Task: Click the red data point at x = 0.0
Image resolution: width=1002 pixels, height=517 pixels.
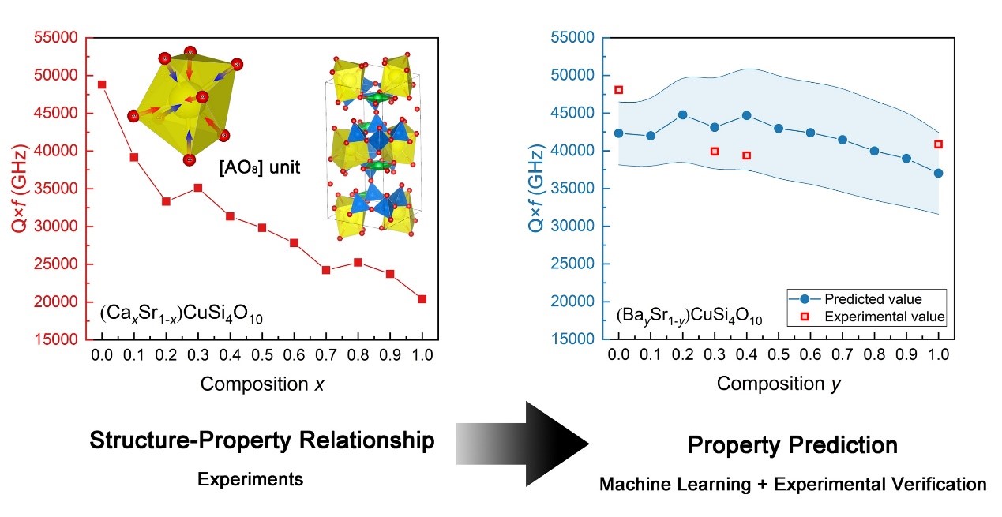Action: pyautogui.click(x=102, y=84)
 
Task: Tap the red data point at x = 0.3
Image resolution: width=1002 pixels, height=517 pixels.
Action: pyautogui.click(x=198, y=188)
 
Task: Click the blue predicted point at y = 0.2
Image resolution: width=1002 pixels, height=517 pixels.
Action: pyautogui.click(x=682, y=114)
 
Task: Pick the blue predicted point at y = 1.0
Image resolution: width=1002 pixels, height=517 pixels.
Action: pyautogui.click(x=938, y=173)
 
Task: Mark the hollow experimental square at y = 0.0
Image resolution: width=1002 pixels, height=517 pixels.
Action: pyautogui.click(x=618, y=90)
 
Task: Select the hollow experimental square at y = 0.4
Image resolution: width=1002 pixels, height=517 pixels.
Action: pyautogui.click(x=746, y=155)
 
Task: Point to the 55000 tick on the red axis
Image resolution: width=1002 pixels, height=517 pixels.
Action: pyautogui.click(x=57, y=38)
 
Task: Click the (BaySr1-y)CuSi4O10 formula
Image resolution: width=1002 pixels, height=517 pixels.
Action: pyautogui.click(x=689, y=317)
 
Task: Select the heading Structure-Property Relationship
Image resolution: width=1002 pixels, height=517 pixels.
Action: pyautogui.click(x=262, y=440)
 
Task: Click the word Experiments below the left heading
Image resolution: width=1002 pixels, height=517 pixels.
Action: pyautogui.click(x=250, y=479)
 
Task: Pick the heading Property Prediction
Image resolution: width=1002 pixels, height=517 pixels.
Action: pyautogui.click(x=792, y=445)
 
